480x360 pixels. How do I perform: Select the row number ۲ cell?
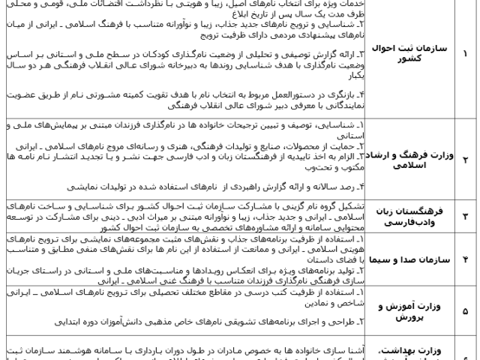point(464,160)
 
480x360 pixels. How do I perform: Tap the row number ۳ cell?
point(464,217)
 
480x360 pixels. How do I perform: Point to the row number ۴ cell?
point(464,259)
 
